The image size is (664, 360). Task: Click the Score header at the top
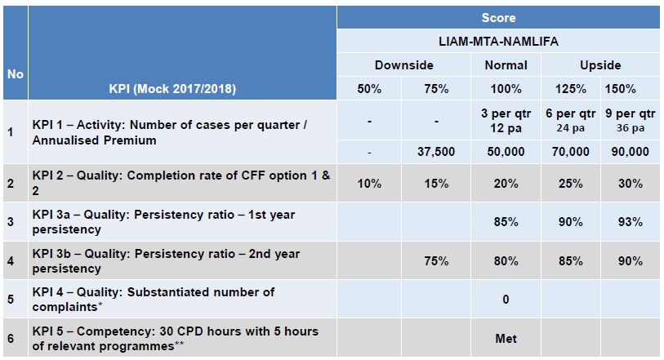[x=498, y=17]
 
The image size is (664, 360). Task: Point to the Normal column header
[x=506, y=64]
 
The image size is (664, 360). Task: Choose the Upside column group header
[x=600, y=64]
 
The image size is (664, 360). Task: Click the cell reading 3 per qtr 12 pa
[x=506, y=120]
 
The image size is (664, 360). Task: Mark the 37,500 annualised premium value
[x=436, y=152]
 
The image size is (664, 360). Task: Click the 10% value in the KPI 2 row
[x=369, y=184]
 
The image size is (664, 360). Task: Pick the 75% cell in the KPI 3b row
[x=436, y=261]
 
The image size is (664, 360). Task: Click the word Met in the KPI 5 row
[x=506, y=338]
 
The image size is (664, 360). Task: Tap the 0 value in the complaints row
[x=506, y=300]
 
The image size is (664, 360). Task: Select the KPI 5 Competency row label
[x=174, y=338]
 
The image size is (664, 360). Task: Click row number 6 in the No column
[x=11, y=338]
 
